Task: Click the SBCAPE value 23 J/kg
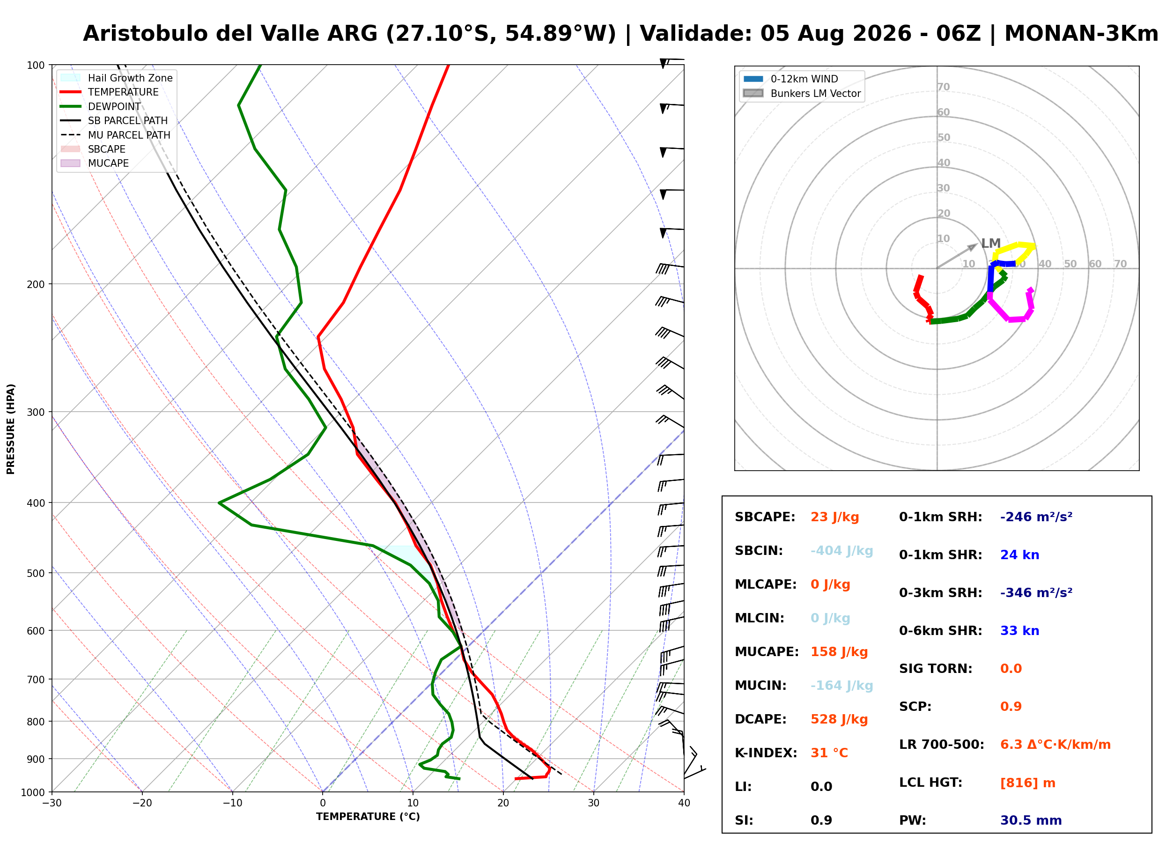tap(834, 517)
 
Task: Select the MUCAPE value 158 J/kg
tap(839, 652)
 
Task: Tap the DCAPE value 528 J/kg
tap(839, 719)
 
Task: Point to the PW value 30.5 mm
tap(1031, 820)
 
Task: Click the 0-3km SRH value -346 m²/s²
tap(1036, 592)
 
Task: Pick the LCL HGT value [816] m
tap(1027, 783)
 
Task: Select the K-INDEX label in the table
tap(766, 753)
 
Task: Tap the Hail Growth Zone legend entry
tap(117, 78)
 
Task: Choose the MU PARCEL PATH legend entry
tap(116, 135)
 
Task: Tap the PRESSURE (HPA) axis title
tap(11, 429)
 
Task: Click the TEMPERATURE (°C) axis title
tap(368, 817)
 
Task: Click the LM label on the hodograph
tap(991, 244)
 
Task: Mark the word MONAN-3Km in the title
tap(1081, 34)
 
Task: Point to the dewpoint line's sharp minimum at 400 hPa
tap(220, 502)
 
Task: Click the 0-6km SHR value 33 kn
tap(1020, 631)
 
